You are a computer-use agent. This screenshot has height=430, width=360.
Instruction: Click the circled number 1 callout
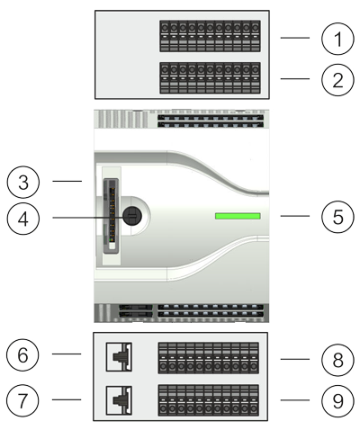[x=337, y=39]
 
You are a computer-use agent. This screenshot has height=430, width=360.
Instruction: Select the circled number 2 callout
[x=337, y=80]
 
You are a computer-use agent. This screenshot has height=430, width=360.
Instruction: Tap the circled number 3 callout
[x=23, y=182]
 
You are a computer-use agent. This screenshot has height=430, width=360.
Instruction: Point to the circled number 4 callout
[x=23, y=219]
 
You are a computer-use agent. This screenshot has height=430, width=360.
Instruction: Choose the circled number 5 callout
[x=337, y=217]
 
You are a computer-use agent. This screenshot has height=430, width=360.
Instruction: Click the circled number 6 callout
[x=22, y=354]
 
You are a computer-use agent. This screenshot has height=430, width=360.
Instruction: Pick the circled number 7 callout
[x=22, y=400]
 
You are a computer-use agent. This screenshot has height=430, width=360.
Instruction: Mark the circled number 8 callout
[x=337, y=360]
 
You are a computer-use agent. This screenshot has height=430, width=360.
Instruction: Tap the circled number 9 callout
[x=337, y=401]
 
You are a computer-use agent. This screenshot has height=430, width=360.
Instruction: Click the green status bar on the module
[x=238, y=216]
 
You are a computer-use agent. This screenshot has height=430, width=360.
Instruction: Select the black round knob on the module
[x=132, y=216]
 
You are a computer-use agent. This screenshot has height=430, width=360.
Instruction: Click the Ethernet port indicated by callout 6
[x=119, y=357]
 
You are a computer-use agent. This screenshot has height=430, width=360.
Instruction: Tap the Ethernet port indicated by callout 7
[x=119, y=400]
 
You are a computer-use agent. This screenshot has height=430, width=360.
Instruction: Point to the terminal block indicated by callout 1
[x=210, y=36]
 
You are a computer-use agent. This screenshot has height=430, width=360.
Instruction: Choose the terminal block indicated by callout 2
[x=210, y=78]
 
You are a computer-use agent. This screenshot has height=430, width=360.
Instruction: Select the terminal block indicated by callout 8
[x=209, y=358]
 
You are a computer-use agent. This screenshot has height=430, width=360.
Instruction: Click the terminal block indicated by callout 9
[x=209, y=400]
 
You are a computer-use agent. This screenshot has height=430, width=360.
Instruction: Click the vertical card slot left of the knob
[x=111, y=216]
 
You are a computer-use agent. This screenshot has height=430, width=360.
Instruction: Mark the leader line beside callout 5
[x=295, y=216]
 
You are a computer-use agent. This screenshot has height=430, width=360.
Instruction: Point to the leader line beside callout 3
[x=67, y=181]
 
